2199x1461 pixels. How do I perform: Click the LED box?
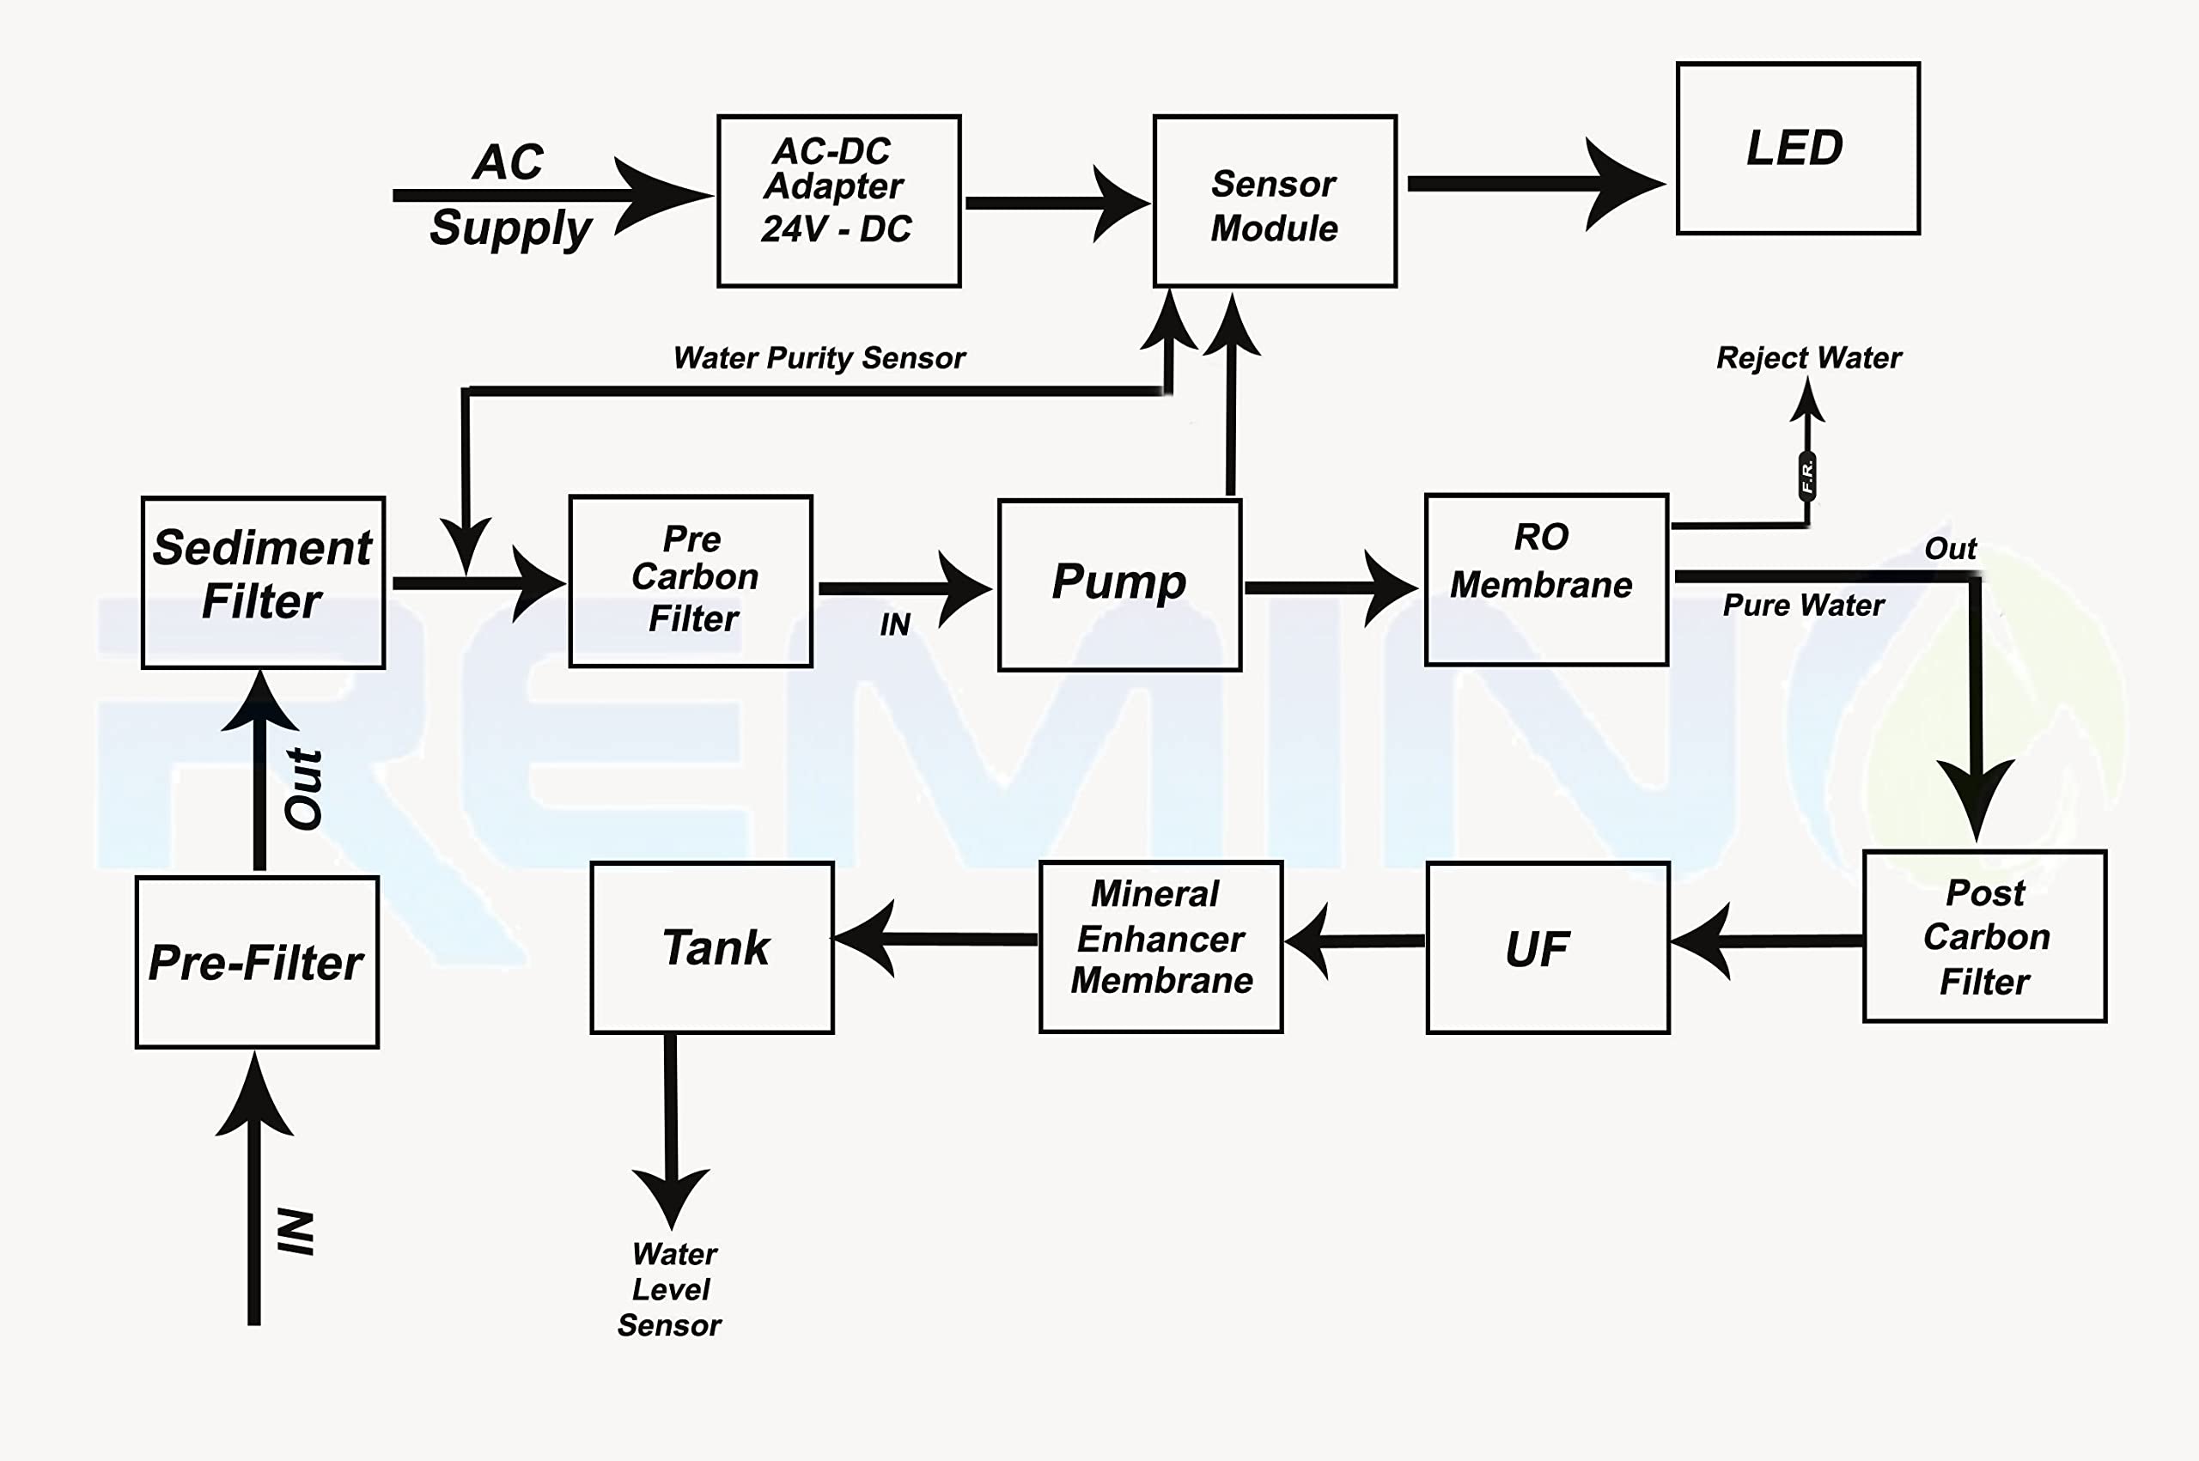[1797, 148]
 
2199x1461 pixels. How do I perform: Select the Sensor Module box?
[1274, 201]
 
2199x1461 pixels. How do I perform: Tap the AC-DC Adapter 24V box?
[838, 201]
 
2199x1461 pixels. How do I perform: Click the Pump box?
[1119, 584]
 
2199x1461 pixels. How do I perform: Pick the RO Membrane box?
[1546, 580]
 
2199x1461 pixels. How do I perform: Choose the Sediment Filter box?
[263, 582]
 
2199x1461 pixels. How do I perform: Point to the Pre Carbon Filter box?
[691, 581]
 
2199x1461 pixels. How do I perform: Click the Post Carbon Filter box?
[1985, 936]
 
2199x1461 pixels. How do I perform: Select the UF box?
[1547, 947]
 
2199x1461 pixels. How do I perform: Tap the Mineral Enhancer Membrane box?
[1160, 947]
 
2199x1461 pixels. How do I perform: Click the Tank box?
[712, 947]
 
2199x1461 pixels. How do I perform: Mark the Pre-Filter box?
[257, 962]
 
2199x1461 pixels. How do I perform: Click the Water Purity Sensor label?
[819, 358]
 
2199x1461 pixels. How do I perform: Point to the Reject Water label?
[1808, 358]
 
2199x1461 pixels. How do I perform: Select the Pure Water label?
[1803, 606]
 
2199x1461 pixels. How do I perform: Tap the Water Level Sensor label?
[671, 1289]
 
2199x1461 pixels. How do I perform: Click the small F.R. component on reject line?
[1806, 476]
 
